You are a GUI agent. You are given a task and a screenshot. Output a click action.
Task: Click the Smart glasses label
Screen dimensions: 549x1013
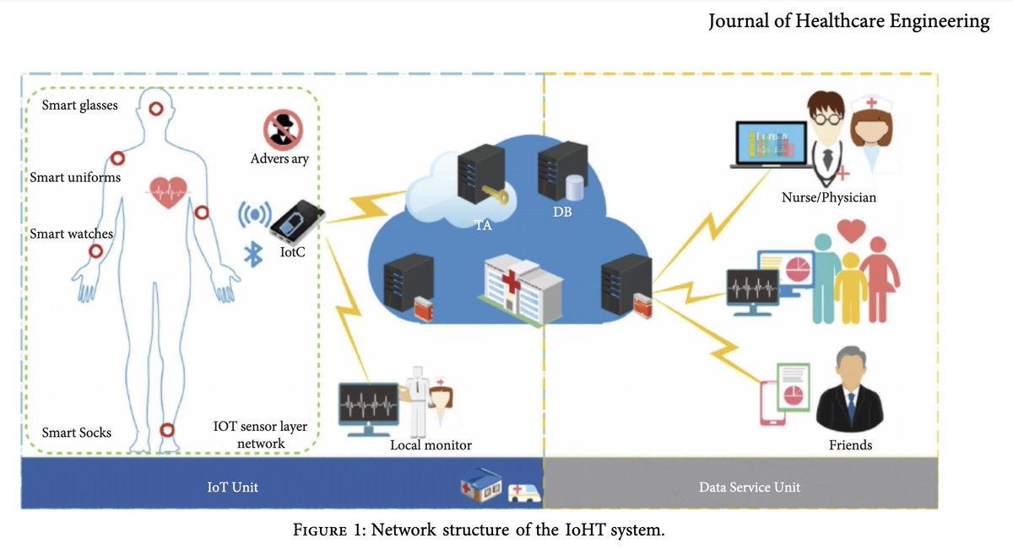click(80, 105)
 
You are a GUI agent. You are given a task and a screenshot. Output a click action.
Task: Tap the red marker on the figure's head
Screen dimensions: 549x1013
click(156, 108)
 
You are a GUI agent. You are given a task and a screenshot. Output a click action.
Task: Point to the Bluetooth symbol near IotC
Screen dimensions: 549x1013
click(251, 256)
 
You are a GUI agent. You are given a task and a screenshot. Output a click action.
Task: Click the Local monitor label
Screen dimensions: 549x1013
click(431, 444)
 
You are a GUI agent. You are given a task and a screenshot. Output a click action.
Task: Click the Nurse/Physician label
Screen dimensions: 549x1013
click(828, 198)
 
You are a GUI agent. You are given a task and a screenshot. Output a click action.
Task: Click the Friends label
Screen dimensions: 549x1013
click(850, 444)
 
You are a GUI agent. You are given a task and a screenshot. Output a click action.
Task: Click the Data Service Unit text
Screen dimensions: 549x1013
click(750, 487)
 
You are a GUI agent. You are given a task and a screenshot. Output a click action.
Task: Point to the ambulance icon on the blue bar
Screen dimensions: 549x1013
click(521, 492)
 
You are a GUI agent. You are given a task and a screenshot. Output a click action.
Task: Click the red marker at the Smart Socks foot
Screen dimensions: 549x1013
click(167, 429)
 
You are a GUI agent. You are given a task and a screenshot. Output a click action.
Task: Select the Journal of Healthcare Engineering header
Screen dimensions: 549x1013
click(848, 22)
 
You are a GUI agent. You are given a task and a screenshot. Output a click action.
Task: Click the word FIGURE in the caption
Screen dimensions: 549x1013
click(320, 530)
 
